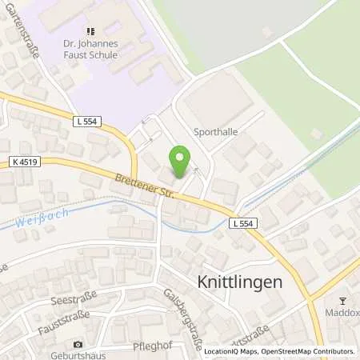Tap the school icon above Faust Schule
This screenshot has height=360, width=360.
(x=102, y=31)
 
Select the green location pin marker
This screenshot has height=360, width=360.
(x=182, y=162)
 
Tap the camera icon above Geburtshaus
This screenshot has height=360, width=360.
(x=78, y=343)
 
